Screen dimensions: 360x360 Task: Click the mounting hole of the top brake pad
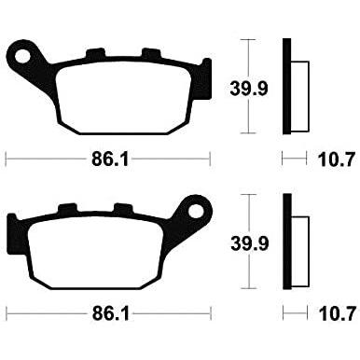22,57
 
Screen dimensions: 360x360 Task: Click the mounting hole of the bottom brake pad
196,212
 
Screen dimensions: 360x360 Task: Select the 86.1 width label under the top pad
110,159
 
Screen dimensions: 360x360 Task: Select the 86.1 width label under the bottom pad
110,314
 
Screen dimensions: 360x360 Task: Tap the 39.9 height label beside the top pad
249,89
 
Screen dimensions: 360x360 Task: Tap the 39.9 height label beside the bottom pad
250,243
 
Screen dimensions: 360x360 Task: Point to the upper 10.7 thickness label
337,159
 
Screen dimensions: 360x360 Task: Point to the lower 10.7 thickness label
337,313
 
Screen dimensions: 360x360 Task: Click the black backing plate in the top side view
286,87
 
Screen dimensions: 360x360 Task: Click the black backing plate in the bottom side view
287,242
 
